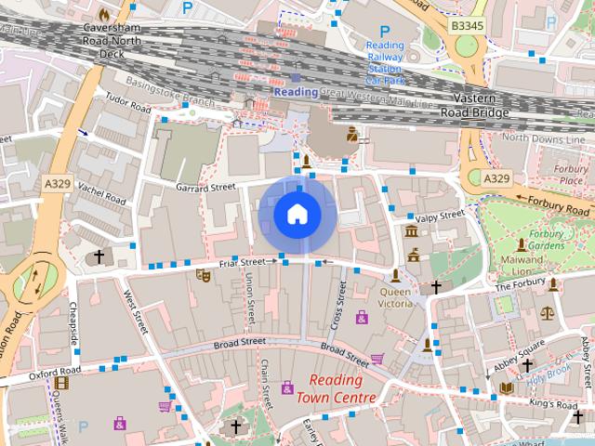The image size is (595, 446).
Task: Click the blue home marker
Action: point(297,215)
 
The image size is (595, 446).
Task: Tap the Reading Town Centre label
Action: point(337,389)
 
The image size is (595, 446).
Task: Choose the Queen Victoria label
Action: point(396,297)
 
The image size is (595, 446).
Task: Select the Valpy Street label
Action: point(440,217)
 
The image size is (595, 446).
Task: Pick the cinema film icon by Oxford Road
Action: point(61,382)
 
